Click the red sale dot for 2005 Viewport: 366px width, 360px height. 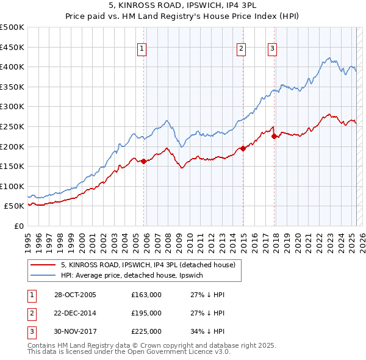[144, 161]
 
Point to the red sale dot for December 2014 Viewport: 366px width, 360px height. [243, 148]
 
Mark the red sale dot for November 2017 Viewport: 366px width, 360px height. [274, 136]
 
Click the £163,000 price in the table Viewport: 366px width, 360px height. [146, 295]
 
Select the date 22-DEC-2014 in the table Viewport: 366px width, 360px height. [75, 313]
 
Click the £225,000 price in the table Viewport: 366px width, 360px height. [146, 331]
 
